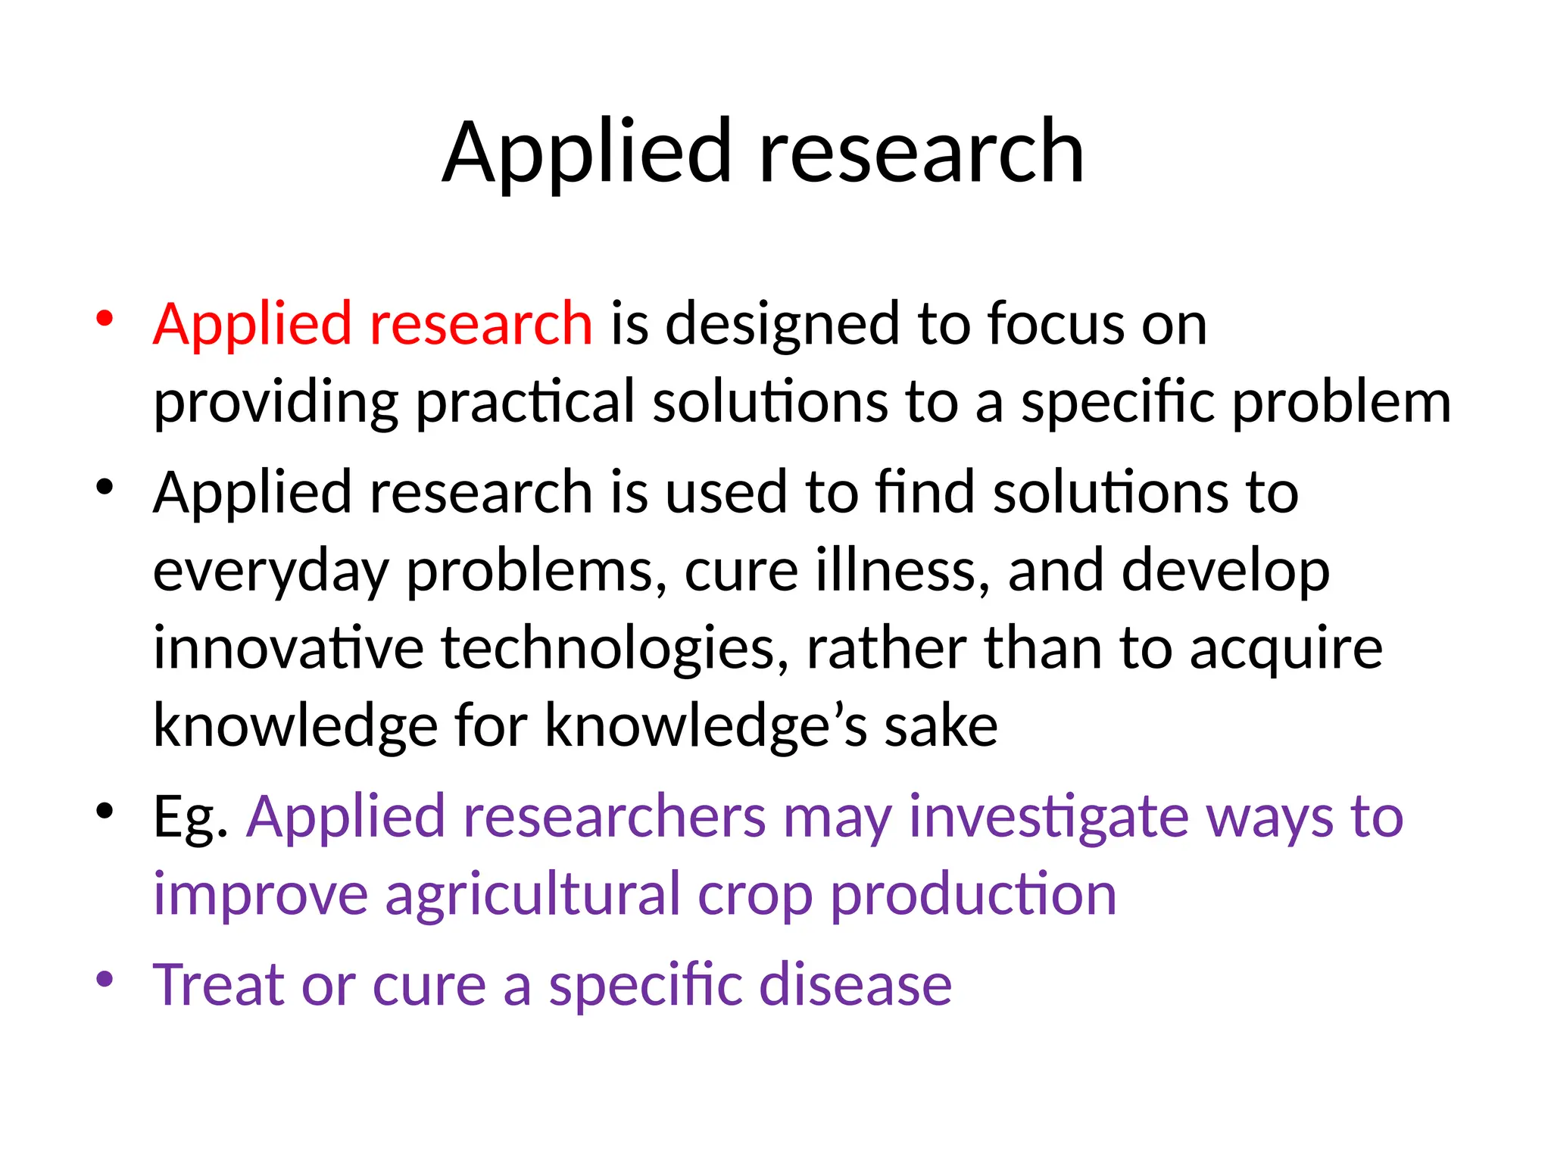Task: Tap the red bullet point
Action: [105, 317]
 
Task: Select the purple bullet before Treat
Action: [105, 978]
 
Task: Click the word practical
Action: [525, 403]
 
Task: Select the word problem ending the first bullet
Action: [1341, 403]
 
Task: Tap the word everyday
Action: [270, 572]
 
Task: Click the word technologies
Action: [614, 650]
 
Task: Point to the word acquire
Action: [1285, 650]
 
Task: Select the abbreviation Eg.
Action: [190, 818]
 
